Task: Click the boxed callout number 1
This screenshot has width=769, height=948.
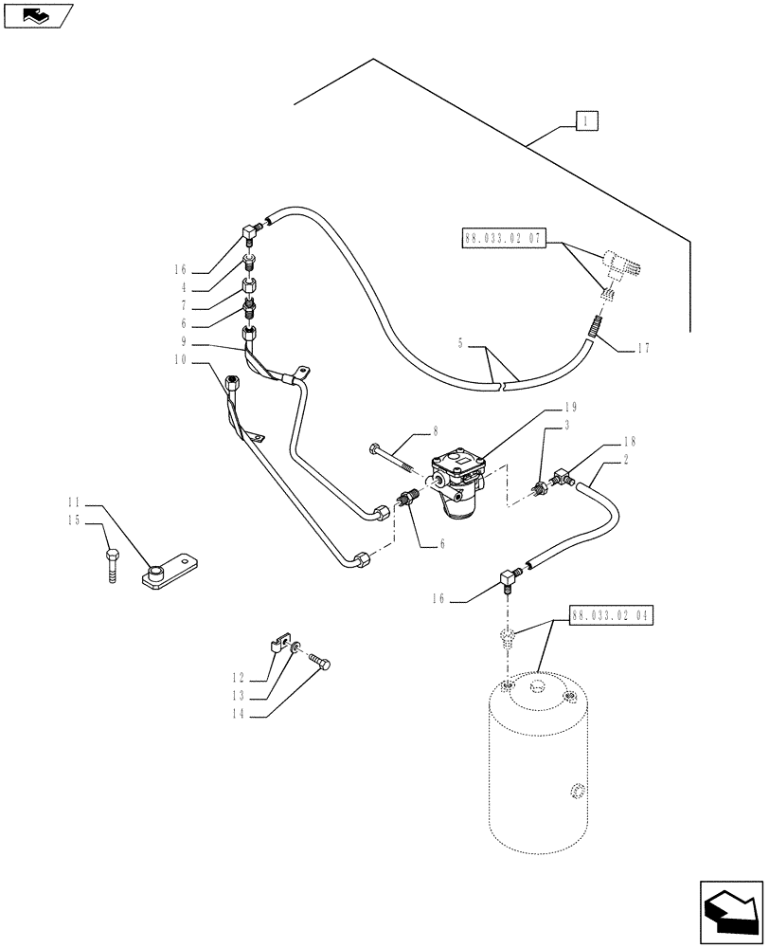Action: tap(587, 120)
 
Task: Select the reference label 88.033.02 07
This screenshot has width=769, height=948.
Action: tap(503, 239)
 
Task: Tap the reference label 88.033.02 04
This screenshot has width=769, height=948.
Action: tap(612, 615)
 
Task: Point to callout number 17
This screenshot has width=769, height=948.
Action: tap(643, 348)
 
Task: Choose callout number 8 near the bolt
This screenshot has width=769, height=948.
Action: tap(435, 430)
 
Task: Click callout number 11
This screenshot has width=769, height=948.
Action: tap(74, 500)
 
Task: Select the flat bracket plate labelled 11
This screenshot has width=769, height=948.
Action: tap(170, 572)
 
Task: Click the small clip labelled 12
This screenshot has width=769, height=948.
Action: tap(278, 645)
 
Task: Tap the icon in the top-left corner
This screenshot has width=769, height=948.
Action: tap(38, 14)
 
